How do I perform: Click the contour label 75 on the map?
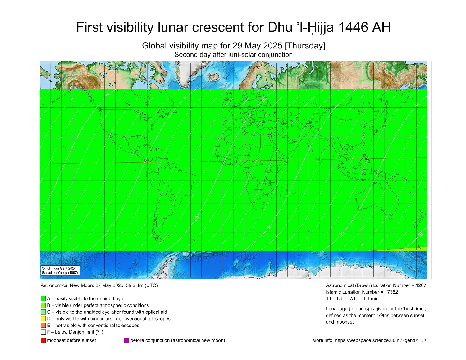coord(108,95)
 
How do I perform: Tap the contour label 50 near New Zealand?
coord(421,234)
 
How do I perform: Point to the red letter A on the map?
coord(419,248)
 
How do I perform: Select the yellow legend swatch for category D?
coord(43,319)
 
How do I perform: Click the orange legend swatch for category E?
coord(43,325)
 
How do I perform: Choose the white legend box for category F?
coord(43,332)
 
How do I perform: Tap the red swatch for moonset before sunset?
coord(43,340)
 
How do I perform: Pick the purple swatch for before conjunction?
coord(126,340)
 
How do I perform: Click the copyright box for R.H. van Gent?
coord(60,270)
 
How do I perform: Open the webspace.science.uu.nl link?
coord(380,340)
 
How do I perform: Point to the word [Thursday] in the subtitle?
coord(305,46)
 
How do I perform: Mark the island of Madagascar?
coord(283,191)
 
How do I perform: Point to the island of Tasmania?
coord(391,220)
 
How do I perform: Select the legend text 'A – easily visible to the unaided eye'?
coord(85,299)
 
